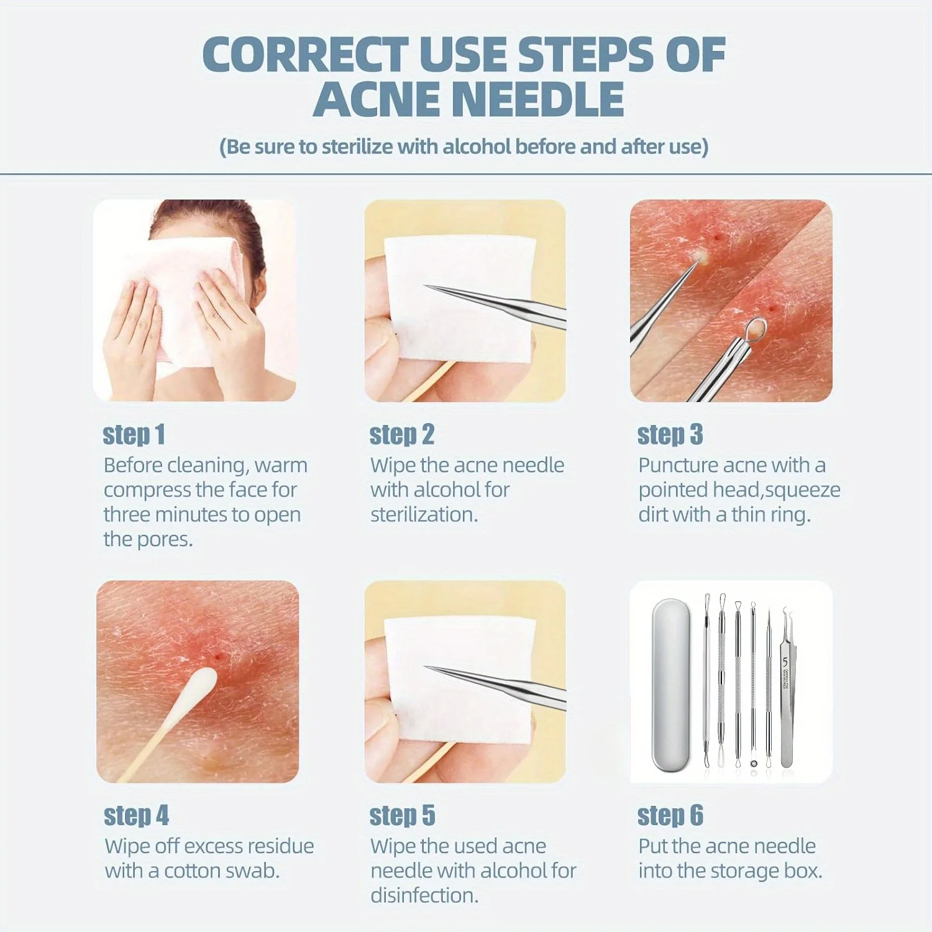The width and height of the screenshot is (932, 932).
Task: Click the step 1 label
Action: (x=134, y=435)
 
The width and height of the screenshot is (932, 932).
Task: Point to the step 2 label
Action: (x=401, y=435)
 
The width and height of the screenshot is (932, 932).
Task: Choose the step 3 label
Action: (x=670, y=435)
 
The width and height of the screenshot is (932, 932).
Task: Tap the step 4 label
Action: (x=136, y=816)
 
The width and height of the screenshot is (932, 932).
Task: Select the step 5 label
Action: (x=402, y=816)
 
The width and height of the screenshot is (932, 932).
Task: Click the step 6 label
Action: (x=670, y=816)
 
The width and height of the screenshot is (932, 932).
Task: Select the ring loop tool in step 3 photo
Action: (x=756, y=329)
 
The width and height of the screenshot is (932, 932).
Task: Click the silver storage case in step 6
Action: (x=671, y=683)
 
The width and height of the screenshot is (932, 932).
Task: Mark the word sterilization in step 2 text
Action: (x=423, y=515)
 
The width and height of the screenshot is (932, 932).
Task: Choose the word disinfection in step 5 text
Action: (x=424, y=896)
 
